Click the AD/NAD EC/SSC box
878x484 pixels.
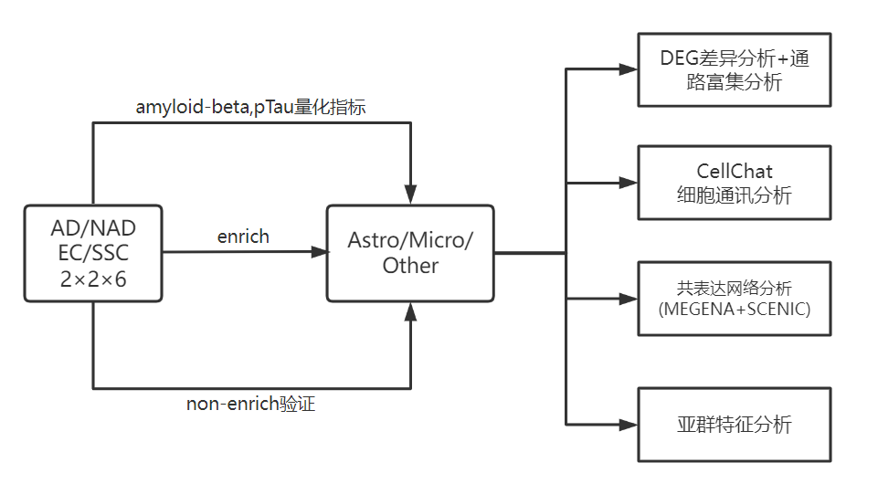click(x=93, y=253)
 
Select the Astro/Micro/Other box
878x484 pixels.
click(x=411, y=253)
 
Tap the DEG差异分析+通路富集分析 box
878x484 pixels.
click(x=735, y=70)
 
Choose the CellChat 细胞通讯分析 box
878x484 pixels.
click(x=735, y=183)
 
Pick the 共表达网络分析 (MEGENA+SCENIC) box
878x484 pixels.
click(x=735, y=298)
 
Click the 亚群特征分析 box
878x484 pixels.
click(x=735, y=424)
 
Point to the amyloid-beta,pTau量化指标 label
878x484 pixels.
click(x=252, y=106)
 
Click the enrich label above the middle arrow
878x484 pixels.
click(x=243, y=237)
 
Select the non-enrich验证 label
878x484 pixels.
click(x=250, y=405)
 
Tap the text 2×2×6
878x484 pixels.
click(x=93, y=279)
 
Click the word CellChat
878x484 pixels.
click(x=735, y=171)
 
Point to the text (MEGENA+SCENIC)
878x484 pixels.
click(x=735, y=309)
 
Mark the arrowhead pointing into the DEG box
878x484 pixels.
click(x=629, y=69)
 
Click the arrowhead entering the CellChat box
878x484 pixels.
click(x=629, y=184)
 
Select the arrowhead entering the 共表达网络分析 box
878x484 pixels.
click(x=629, y=299)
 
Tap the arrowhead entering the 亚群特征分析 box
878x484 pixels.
click(x=629, y=424)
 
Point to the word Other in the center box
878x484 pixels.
click(x=410, y=266)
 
